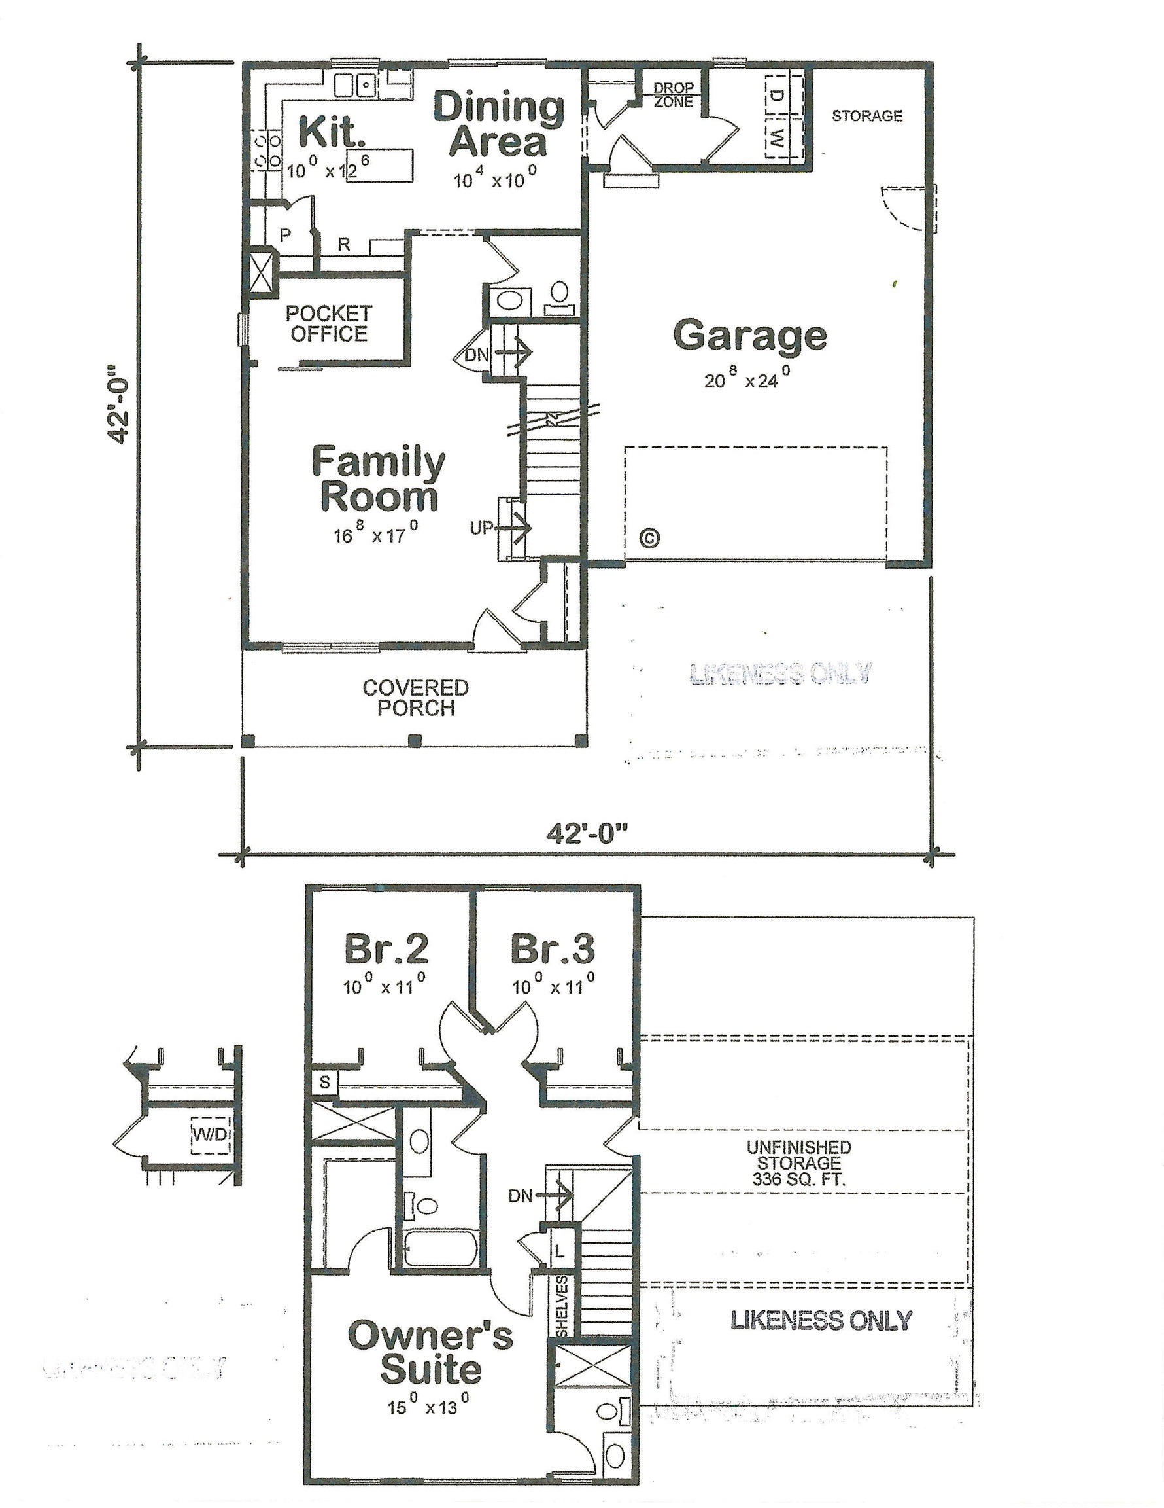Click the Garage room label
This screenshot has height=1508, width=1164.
tap(749, 336)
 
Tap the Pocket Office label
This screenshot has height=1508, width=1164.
tap(328, 324)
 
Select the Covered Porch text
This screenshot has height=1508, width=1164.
tap(415, 697)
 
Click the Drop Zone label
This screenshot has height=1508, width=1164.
tap(674, 96)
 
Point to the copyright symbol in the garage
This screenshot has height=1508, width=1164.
tap(649, 537)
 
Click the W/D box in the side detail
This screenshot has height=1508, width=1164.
tap(210, 1134)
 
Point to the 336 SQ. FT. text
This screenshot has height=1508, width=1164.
tap(798, 1179)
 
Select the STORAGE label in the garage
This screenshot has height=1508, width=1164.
tap(866, 116)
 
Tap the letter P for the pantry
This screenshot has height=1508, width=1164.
tap(285, 235)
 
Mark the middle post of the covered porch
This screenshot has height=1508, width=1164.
tap(414, 741)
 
